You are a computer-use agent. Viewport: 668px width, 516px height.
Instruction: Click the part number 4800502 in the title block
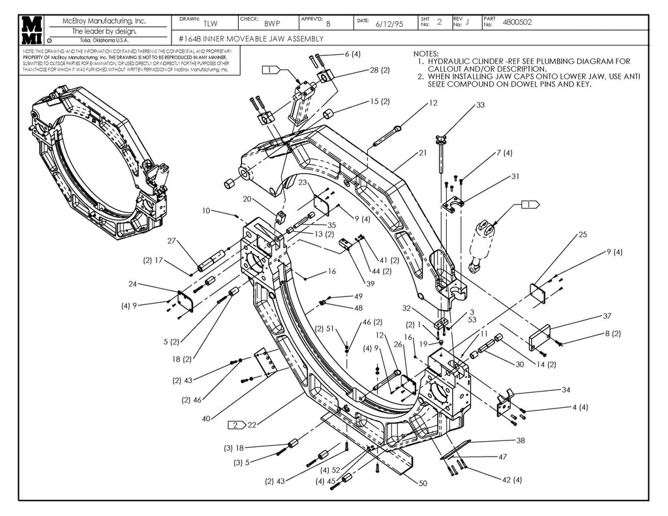(517, 22)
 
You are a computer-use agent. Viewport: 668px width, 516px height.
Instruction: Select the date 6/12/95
(389, 23)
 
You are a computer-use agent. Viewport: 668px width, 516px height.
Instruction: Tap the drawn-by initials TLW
(210, 23)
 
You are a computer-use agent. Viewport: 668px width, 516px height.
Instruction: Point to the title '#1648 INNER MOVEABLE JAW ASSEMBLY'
(251, 38)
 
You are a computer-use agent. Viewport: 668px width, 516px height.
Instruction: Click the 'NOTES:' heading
(427, 53)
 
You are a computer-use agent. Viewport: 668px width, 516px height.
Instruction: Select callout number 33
(480, 105)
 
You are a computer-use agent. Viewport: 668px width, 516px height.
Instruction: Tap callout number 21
(423, 153)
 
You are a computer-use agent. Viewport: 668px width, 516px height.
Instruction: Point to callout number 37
(607, 316)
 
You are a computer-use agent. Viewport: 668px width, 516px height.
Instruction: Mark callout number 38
(521, 440)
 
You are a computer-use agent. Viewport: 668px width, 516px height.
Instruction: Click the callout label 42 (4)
(511, 480)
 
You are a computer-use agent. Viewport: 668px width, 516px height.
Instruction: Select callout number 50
(423, 483)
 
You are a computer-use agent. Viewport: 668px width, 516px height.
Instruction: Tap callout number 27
(172, 240)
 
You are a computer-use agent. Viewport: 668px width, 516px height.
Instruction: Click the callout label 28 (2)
(380, 70)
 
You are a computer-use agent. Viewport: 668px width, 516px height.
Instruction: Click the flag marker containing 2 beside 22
(235, 425)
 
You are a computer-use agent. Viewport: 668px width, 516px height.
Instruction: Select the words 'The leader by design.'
(104, 31)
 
